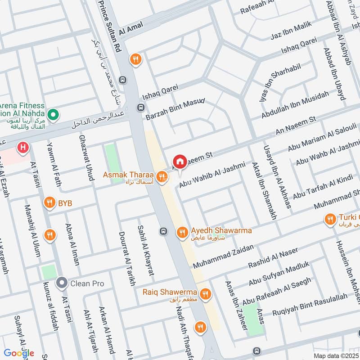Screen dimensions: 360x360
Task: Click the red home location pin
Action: click(x=180, y=162)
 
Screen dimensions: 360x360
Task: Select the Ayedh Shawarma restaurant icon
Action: click(x=182, y=231)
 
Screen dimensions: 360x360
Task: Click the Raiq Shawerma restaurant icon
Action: click(x=206, y=294)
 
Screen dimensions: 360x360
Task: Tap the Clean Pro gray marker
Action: click(x=61, y=283)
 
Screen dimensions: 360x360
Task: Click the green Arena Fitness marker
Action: click(x=53, y=116)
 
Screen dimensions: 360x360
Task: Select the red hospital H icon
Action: click(x=22, y=147)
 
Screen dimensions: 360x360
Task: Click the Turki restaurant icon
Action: click(x=330, y=219)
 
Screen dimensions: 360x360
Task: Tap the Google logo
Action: click(x=19, y=353)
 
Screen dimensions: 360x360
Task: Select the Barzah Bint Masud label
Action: click(x=175, y=109)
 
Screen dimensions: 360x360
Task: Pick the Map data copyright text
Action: click(x=335, y=355)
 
